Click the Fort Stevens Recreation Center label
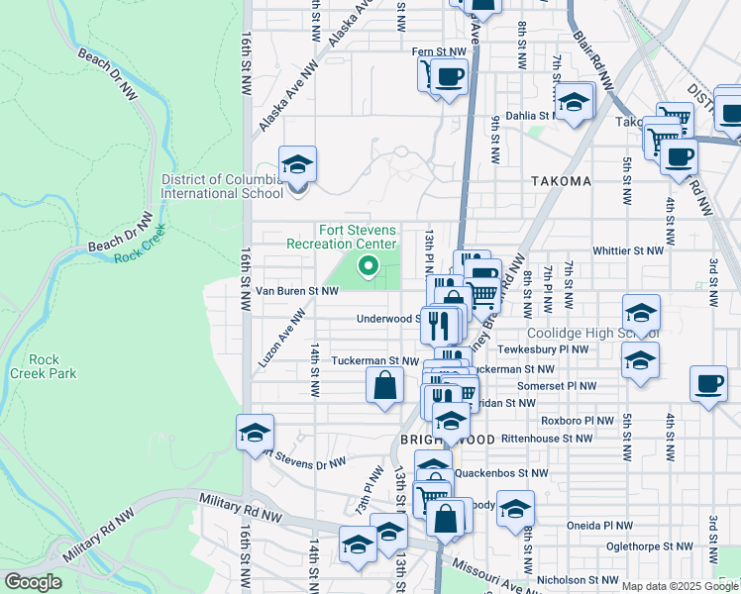(x=341, y=237)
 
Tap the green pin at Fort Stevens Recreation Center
(x=368, y=265)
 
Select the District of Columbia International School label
(x=222, y=186)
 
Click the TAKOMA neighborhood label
(x=561, y=181)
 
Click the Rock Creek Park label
(x=43, y=366)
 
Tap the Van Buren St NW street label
(x=297, y=291)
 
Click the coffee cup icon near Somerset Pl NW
(x=709, y=384)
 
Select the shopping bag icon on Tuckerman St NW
(x=384, y=384)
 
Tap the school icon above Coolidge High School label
(x=641, y=311)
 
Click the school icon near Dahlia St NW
(x=573, y=100)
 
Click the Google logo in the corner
(x=33, y=582)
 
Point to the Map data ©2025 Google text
(x=680, y=586)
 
